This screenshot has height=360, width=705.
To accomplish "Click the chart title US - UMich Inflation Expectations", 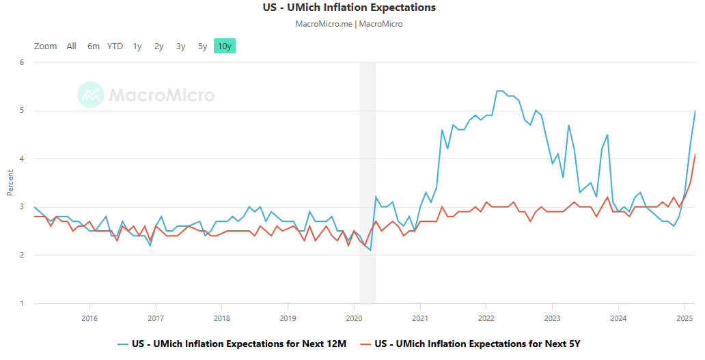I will (349, 8).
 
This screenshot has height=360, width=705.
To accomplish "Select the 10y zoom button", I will (224, 46).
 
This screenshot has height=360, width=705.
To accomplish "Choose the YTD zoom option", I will (115, 46).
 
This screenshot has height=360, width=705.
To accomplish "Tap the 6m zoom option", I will (94, 46).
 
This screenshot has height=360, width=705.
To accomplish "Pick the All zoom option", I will (72, 46).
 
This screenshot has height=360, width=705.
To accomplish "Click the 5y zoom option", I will (203, 46).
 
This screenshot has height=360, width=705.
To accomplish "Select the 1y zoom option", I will (137, 46).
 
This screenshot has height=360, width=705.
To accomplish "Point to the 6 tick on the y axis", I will (22, 62).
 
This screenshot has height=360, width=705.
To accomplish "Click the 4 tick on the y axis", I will (22, 159).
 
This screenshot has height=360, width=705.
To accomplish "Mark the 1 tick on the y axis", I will (22, 303).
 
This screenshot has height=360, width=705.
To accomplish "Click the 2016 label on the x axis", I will (89, 318).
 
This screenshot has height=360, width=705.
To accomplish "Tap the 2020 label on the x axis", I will (354, 318).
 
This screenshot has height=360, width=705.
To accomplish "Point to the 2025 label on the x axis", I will (685, 318).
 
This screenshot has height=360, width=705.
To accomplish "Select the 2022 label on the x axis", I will (486, 318).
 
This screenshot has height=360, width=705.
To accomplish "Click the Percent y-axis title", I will (10, 183).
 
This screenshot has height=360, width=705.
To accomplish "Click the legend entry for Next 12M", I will (232, 344).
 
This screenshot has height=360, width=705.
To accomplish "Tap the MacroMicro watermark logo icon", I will (90, 95).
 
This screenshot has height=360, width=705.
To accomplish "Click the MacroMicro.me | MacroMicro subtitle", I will (349, 24).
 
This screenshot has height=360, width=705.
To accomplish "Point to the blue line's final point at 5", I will (695, 111).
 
